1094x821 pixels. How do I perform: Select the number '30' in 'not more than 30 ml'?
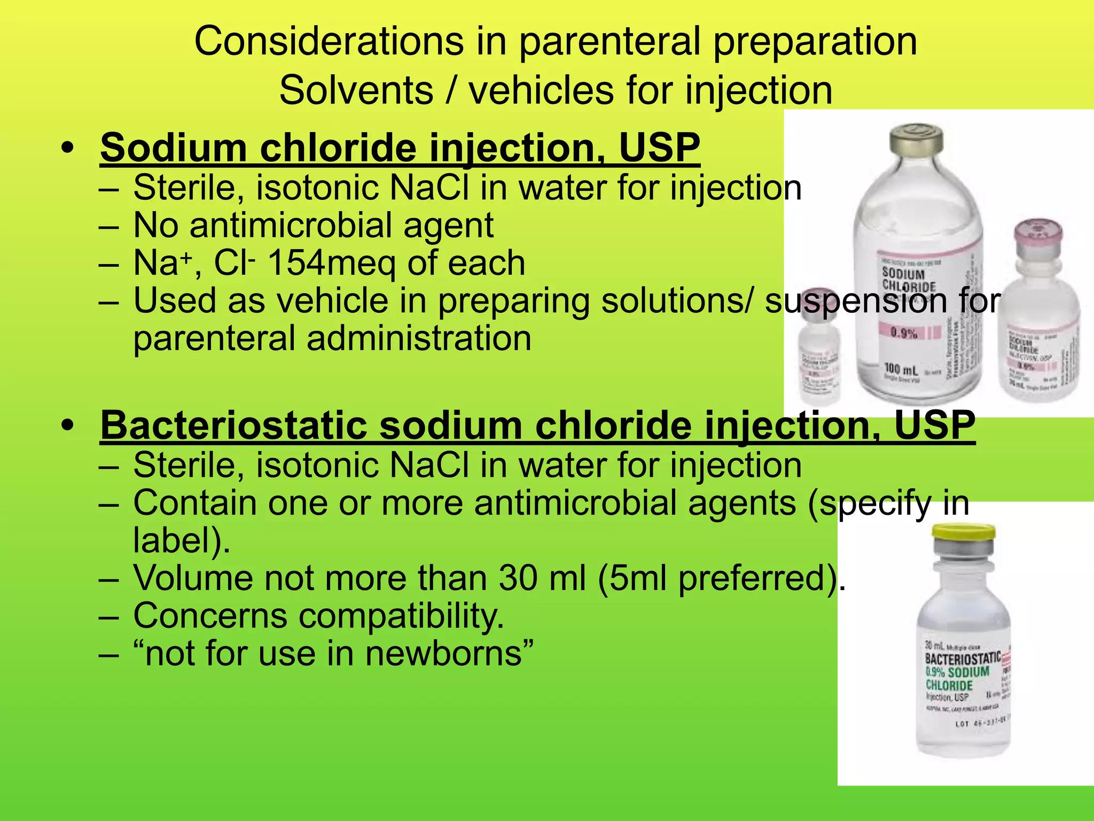click(x=518, y=578)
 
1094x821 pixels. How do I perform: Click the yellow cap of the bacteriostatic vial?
click(x=963, y=532)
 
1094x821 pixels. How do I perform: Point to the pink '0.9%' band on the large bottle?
click(x=904, y=333)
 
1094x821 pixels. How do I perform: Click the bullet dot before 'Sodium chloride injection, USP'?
click(x=67, y=147)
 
